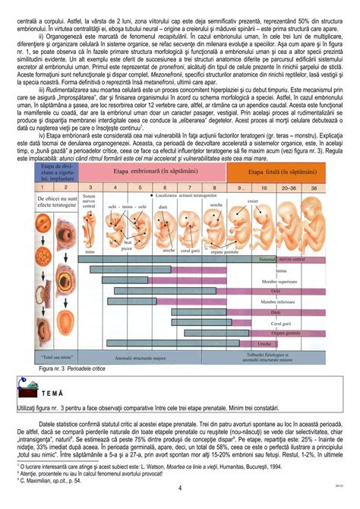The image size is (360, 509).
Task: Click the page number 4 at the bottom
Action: coord(179,487)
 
